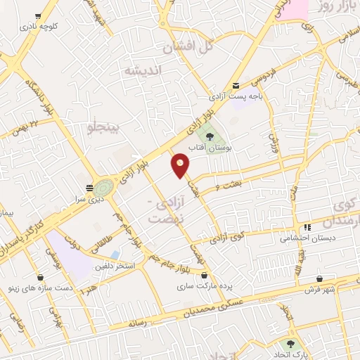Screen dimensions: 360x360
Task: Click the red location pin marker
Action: (x=181, y=165)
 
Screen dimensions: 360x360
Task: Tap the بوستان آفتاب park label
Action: (x=213, y=149)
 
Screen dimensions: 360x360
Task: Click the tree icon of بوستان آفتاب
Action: (x=209, y=136)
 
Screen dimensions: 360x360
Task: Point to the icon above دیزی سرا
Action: (x=89, y=188)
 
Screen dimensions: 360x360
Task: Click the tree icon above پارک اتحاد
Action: (x=290, y=344)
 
